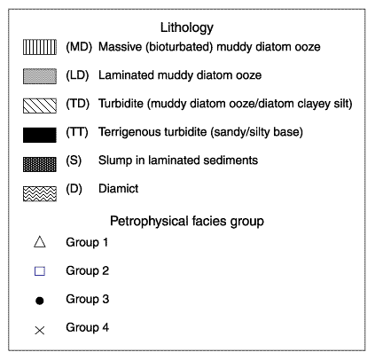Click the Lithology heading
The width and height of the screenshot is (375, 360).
[x=187, y=28]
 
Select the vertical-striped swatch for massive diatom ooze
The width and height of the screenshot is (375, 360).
[x=40, y=47]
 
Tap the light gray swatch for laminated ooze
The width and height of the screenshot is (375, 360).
[x=40, y=76]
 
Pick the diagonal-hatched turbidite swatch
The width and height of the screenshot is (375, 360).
[x=40, y=106]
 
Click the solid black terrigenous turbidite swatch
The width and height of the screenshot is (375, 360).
[x=40, y=135]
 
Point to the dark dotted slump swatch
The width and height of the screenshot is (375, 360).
[x=40, y=164]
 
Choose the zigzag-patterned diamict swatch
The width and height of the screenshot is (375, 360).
[x=40, y=193]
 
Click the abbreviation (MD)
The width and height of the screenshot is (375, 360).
[x=79, y=47]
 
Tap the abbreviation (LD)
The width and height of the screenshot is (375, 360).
[x=77, y=75]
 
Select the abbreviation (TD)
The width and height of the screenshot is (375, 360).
[x=78, y=104]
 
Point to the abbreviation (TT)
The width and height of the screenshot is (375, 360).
[x=77, y=132]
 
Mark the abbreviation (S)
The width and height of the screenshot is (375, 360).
[x=74, y=160]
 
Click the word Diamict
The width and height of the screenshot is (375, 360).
[x=118, y=189]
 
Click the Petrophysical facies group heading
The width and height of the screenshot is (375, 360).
[x=187, y=222]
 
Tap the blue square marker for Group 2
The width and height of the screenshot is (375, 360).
[x=40, y=271]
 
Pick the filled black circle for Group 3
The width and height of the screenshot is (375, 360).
[x=40, y=301]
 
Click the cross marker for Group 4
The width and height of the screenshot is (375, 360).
[x=40, y=330]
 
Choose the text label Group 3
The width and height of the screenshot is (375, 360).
[x=88, y=299]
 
